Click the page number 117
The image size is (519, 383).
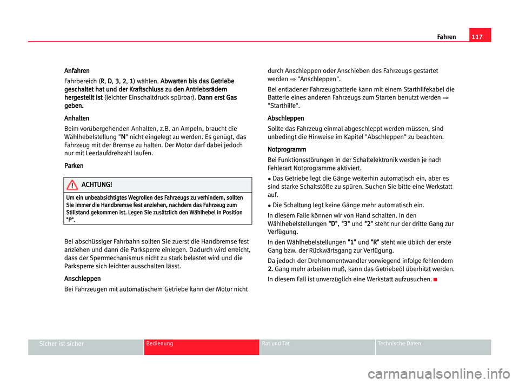pos(480,37)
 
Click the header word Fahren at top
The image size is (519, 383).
pos(447,37)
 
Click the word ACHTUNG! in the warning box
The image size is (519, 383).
pos(97,185)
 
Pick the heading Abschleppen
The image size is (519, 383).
pos(286,118)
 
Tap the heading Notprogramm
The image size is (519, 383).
pos(287,149)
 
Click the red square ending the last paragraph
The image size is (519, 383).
pos(435,279)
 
